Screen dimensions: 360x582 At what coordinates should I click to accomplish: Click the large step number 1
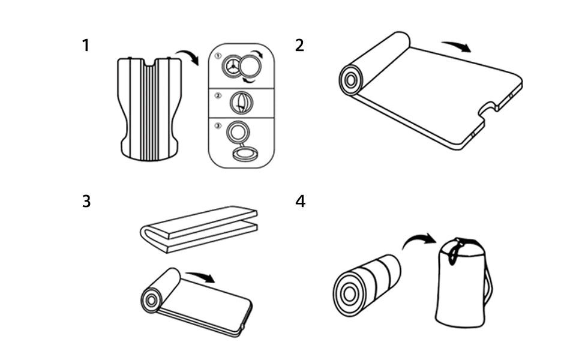(86, 46)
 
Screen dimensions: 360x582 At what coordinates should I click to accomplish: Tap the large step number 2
(299, 46)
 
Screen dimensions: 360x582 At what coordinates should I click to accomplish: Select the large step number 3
(86, 202)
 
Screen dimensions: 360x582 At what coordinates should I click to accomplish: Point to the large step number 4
(300, 202)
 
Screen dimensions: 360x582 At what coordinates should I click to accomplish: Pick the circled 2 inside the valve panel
(218, 95)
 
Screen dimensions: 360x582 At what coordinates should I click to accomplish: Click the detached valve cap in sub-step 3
(245, 155)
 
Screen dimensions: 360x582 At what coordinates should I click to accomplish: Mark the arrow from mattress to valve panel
(191, 56)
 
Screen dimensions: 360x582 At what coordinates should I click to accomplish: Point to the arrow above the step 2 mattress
(456, 46)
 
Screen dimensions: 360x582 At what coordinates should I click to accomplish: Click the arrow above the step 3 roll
(200, 277)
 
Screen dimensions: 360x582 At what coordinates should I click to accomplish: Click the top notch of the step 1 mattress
(150, 62)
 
